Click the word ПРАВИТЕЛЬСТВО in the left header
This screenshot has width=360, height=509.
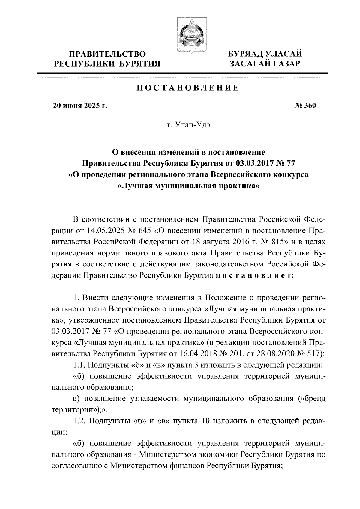[x=108, y=54]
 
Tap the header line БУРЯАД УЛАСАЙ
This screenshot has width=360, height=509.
[x=264, y=54]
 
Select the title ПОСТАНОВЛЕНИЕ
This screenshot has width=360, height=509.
[x=188, y=88]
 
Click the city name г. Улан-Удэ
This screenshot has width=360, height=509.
[x=188, y=125]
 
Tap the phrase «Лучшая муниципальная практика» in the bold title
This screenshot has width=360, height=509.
[x=188, y=186]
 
